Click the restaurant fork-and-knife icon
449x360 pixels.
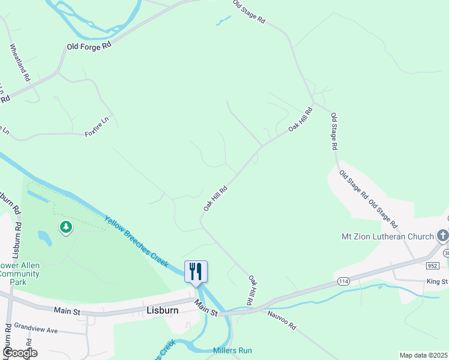click(x=196, y=271)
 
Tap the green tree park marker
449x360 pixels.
click(x=66, y=227)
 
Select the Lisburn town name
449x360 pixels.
click(x=161, y=311)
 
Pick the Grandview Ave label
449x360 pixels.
click(x=35, y=330)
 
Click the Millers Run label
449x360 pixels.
click(x=232, y=350)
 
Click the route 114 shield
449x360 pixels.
click(x=343, y=281)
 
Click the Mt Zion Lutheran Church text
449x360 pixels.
click(x=387, y=236)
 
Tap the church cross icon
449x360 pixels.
click(x=443, y=235)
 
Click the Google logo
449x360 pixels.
click(x=19, y=352)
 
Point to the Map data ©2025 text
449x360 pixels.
click(x=423, y=355)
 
